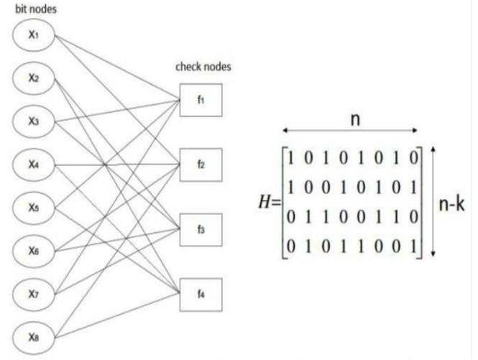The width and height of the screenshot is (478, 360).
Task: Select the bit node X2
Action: click(33, 79)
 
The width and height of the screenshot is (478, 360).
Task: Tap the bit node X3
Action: click(33, 122)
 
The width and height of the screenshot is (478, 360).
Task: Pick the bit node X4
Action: click(33, 165)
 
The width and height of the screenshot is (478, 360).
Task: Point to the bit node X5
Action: click(33, 208)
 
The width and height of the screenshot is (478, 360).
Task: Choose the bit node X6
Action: click(33, 251)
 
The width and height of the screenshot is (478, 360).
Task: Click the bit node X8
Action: click(33, 336)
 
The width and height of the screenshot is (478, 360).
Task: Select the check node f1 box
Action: click(201, 101)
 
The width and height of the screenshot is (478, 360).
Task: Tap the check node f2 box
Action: click(201, 165)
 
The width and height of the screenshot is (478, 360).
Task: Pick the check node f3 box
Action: click(201, 229)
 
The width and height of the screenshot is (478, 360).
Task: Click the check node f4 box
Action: click(201, 293)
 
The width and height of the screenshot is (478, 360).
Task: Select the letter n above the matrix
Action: click(354, 119)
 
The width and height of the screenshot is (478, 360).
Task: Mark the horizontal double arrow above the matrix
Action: click(350, 131)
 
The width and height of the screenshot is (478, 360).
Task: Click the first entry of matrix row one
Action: click(290, 158)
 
